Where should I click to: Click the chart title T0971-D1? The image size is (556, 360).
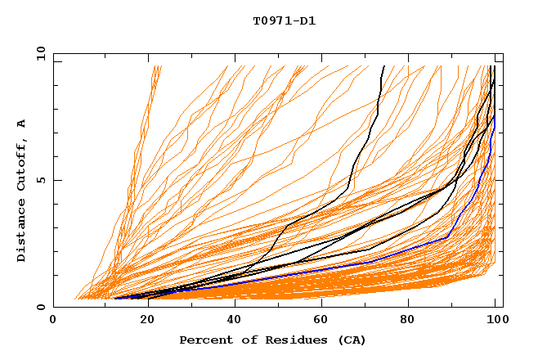click(x=284, y=21)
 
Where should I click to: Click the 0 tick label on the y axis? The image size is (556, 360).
click(x=40, y=307)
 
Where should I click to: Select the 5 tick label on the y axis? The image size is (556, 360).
click(x=40, y=180)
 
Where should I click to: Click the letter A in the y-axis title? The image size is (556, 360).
click(x=21, y=124)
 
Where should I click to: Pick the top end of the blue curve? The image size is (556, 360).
click(x=495, y=116)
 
